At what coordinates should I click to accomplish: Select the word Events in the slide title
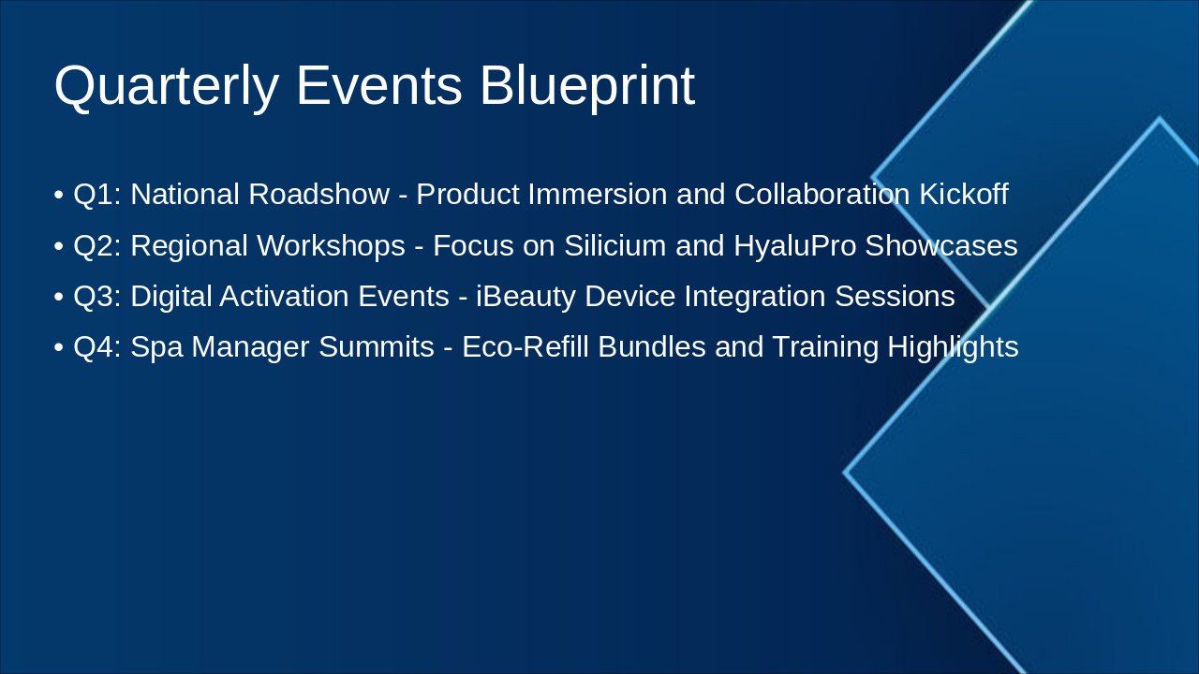378,85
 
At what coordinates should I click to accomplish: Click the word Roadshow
319,194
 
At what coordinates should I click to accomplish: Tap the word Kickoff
964,194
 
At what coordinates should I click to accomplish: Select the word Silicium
615,245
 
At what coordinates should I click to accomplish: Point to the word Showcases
941,245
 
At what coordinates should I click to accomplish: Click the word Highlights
953,347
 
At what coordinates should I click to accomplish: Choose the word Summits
377,346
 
